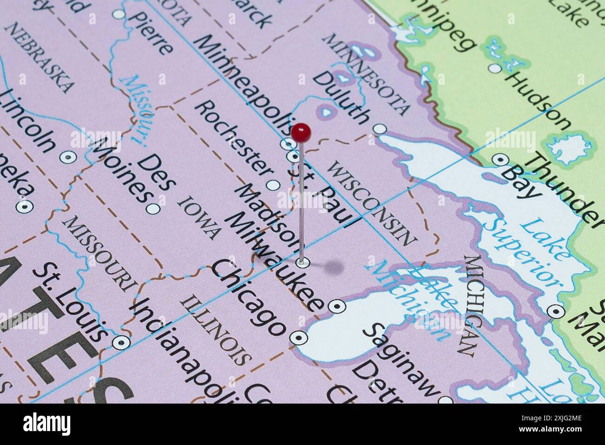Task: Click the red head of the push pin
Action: coord(302,133)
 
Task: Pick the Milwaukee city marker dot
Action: coord(336,306)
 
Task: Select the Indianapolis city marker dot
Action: coord(121,343)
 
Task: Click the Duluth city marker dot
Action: coord(381,128)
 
